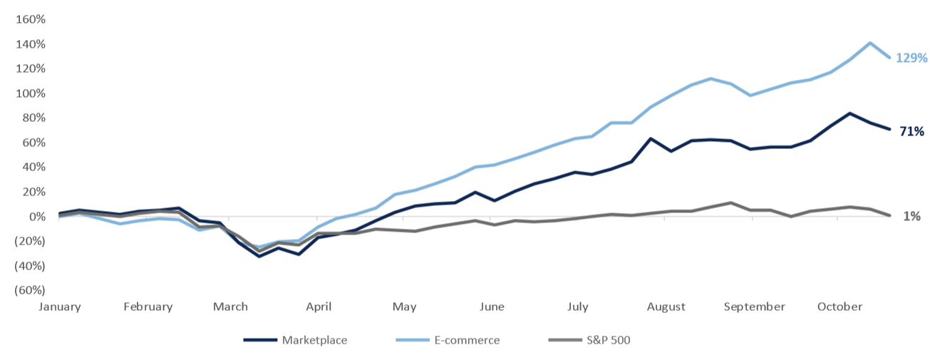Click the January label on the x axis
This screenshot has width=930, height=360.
tap(60, 307)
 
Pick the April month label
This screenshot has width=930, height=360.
tap(319, 307)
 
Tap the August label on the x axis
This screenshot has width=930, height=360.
tap(666, 307)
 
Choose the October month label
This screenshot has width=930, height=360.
tap(839, 307)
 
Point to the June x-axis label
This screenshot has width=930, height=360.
tap(492, 307)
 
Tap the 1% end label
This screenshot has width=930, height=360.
tap(911, 216)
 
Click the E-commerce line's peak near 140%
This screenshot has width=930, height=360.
tap(870, 43)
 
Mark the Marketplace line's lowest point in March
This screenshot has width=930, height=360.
tap(259, 256)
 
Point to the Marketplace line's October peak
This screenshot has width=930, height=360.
tap(849, 113)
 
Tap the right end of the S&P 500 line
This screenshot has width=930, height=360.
tap(889, 215)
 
